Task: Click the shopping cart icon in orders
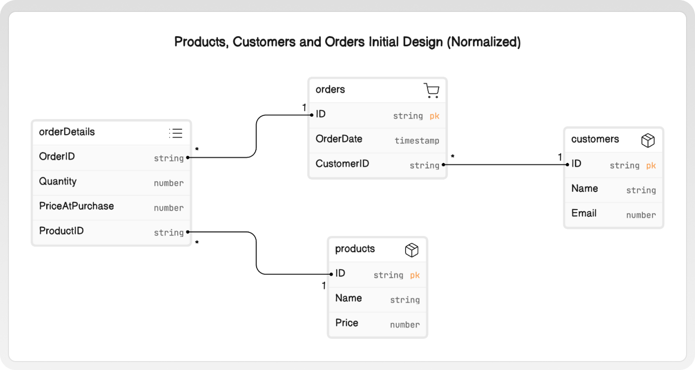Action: coord(431,90)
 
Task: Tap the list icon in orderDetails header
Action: coord(176,133)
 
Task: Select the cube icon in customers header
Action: coord(648,140)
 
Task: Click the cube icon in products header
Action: coord(412,250)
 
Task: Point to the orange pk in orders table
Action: coord(434,116)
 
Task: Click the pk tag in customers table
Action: coord(651,165)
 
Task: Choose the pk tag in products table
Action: coord(415,275)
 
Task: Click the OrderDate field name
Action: coord(339,139)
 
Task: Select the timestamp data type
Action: coord(417,141)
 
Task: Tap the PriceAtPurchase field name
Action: coord(76,206)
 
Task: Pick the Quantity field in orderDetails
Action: coord(58,181)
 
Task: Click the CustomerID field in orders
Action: coord(342,163)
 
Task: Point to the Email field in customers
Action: coord(584,213)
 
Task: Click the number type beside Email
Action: coord(641,215)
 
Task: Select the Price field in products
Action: coord(347,323)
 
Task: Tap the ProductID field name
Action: coord(62,230)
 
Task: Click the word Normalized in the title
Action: coord(484,42)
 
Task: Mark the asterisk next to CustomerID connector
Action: coord(453,157)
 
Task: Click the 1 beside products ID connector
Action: coord(324,286)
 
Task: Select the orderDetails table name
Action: coord(67,132)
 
